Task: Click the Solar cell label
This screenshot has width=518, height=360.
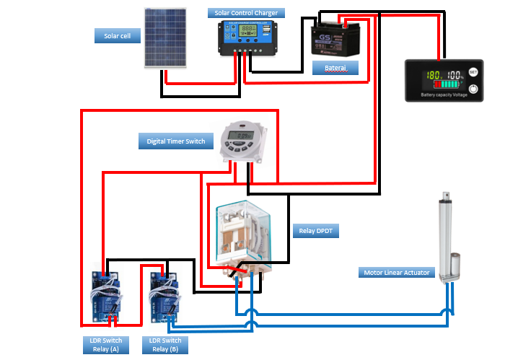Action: [x=117, y=35]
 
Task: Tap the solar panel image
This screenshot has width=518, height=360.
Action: [x=167, y=38]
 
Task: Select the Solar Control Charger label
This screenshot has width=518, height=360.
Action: [x=246, y=13]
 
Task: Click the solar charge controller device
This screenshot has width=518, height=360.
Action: [x=248, y=39]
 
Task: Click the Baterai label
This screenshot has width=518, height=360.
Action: [x=335, y=68]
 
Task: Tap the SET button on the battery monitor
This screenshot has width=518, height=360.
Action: [x=473, y=72]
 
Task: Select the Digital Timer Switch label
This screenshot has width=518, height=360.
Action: [x=175, y=141]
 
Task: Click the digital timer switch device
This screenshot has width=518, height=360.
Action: [x=243, y=137]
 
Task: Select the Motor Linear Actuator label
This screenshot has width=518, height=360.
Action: [x=396, y=272]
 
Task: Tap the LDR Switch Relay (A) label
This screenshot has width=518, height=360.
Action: [x=102, y=345]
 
